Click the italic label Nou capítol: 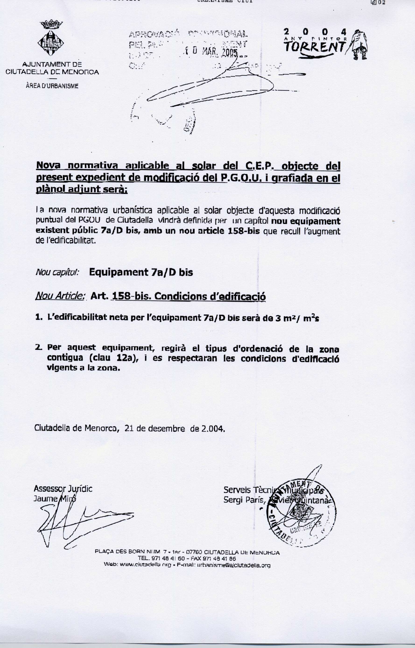coord(57,272)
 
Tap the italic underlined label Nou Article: coord(60,296)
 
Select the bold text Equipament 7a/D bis coord(141,272)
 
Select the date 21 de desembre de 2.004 coord(175,428)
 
